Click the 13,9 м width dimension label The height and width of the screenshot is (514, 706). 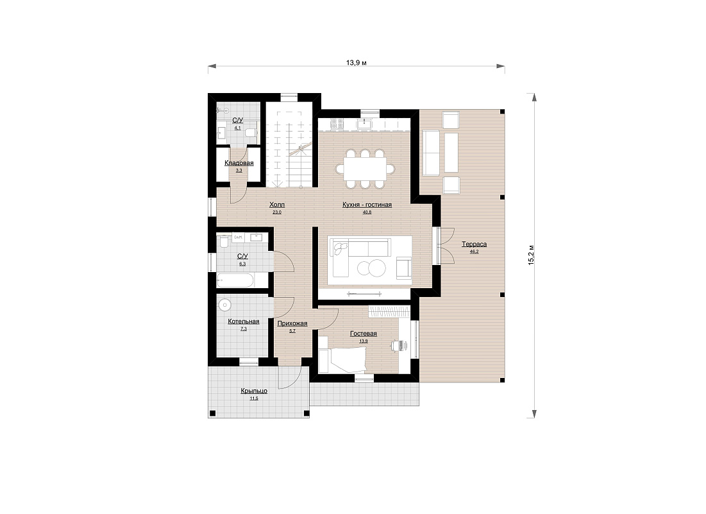point(356,63)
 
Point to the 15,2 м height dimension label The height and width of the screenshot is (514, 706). point(532,255)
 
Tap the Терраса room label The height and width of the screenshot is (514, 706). point(474,244)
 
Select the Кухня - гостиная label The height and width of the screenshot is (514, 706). point(367,205)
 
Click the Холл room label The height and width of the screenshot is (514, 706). point(277,205)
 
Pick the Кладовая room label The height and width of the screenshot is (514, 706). point(239,163)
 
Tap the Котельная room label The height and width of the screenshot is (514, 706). point(244,321)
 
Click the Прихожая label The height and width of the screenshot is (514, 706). point(292,323)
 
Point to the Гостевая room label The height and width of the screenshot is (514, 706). point(364,334)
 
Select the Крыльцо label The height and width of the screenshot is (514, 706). point(254,391)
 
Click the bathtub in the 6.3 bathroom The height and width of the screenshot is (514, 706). point(235,280)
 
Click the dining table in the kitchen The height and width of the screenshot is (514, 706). point(364,169)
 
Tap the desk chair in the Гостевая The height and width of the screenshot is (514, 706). point(397,345)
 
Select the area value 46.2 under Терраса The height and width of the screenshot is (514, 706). point(474,252)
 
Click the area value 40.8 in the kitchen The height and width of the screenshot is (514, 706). point(367,212)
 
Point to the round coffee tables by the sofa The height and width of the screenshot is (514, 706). point(371,268)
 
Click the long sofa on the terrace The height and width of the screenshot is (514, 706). point(431,153)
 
